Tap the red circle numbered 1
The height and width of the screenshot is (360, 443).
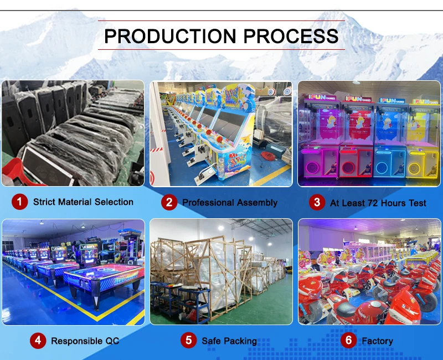(19, 202)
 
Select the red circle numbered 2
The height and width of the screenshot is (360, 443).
(169, 202)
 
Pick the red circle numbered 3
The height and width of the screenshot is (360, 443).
(316, 202)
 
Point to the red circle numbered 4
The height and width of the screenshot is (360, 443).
(37, 340)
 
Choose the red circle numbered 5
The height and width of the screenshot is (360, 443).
(188, 340)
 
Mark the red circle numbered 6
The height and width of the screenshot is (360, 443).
(348, 340)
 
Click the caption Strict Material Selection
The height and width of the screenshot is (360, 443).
(83, 202)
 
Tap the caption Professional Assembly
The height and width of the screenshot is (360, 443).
(230, 203)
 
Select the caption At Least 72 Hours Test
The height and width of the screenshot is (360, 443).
(378, 203)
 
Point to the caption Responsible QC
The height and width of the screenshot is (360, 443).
(85, 341)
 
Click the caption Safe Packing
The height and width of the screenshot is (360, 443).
(229, 341)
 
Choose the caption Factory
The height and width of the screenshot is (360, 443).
(377, 341)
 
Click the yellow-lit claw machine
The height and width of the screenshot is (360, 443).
(422, 141)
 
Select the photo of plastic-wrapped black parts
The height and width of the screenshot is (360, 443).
(73, 133)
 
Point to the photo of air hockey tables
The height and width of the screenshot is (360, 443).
(73, 271)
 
